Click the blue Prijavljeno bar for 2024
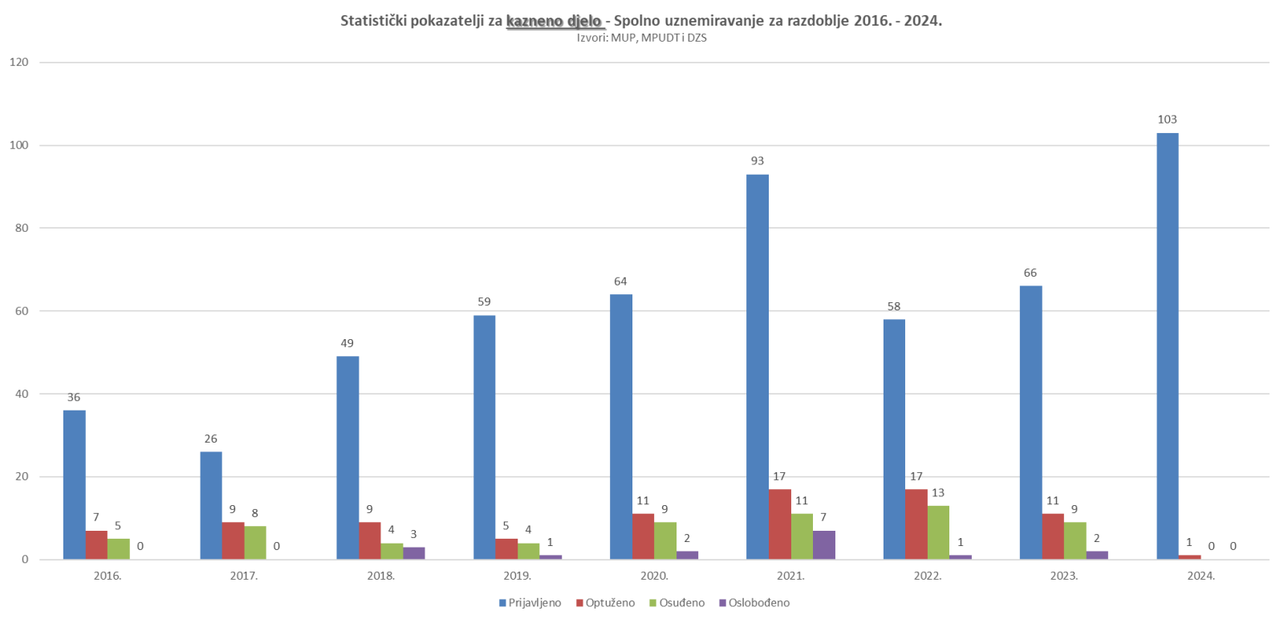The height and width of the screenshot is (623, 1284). [1167, 346]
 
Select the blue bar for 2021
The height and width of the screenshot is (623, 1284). [757, 366]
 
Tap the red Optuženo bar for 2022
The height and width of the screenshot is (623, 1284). [916, 524]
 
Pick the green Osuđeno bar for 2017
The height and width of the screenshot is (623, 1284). [254, 542]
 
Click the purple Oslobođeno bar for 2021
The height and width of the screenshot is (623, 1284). [823, 544]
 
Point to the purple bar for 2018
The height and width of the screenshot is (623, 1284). [413, 552]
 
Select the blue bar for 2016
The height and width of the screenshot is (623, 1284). [74, 484]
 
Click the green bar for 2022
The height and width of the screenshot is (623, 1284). [938, 532]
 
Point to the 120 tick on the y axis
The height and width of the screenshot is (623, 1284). [18, 62]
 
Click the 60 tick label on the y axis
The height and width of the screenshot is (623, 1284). [22, 311]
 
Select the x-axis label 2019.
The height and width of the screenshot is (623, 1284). [517, 576]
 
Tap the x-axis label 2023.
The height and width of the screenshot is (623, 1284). [1064, 576]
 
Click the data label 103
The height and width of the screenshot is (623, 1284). [1167, 119]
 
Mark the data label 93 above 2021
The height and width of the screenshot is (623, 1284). [757, 161]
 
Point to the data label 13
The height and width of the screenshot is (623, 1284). [937, 493]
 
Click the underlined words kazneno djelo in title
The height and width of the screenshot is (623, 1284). [554, 21]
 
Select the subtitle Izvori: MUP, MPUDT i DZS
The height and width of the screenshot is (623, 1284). [641, 38]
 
